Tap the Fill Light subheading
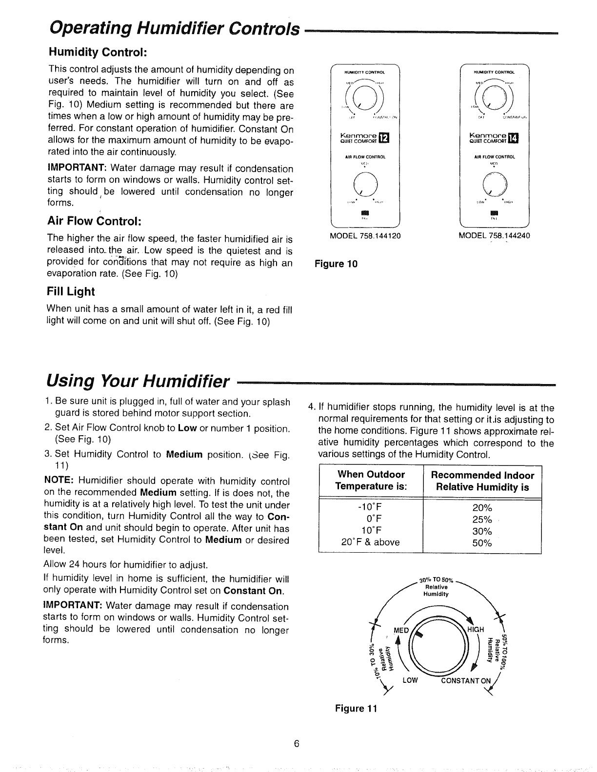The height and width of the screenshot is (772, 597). click(x=71, y=291)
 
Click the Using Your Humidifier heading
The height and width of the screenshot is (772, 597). click(x=138, y=381)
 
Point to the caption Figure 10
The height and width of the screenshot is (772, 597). click(x=336, y=264)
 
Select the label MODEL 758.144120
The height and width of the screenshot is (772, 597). click(x=365, y=236)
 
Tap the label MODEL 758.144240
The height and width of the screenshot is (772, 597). click(x=494, y=236)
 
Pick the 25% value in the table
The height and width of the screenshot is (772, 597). click(x=482, y=520)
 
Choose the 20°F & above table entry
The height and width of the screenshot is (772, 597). click(x=370, y=542)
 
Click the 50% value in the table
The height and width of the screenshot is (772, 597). click(x=482, y=542)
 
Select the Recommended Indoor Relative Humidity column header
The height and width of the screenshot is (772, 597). click(x=482, y=481)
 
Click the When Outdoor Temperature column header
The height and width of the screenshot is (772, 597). click(x=371, y=481)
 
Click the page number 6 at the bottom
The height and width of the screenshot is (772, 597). click(x=296, y=744)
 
